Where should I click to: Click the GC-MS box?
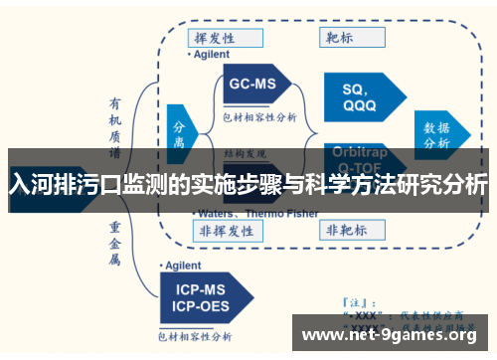tap(254, 86)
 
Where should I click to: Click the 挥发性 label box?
tap(227, 38)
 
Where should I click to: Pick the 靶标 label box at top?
tap(345, 38)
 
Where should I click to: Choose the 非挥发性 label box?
tap(227, 229)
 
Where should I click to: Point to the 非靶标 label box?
tap(345, 229)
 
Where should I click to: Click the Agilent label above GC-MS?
tap(212, 54)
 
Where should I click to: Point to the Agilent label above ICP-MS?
tap(185, 266)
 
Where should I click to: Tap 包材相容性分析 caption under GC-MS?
tap(259, 116)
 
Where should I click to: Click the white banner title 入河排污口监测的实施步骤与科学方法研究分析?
tap(248, 184)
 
